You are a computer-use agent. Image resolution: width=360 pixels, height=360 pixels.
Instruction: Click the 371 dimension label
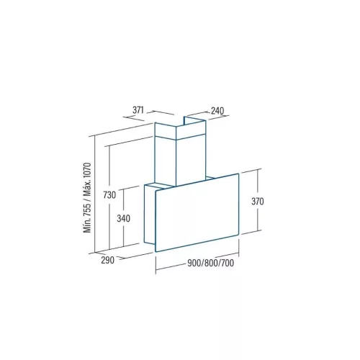point(140,110)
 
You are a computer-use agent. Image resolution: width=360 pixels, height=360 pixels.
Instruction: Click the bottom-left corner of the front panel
point(156,251)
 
